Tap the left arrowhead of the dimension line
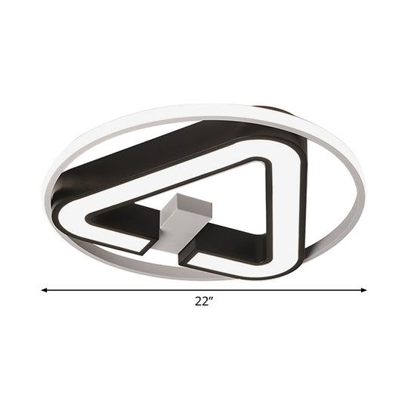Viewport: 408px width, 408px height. (x=44, y=289)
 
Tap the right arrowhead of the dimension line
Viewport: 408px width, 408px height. (x=363, y=289)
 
